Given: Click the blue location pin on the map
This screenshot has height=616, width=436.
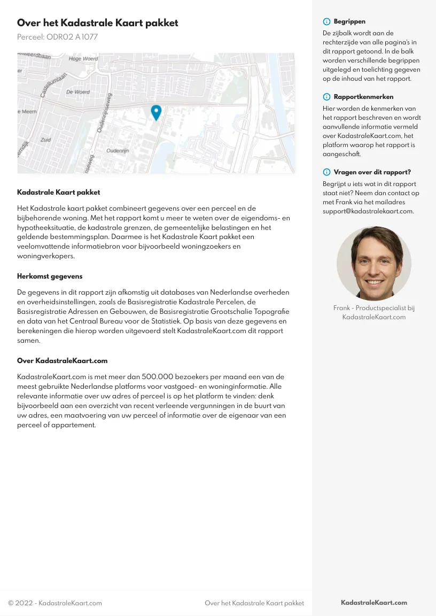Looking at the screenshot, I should click(x=156, y=112).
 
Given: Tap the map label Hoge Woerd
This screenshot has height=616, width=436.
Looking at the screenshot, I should click(x=83, y=58).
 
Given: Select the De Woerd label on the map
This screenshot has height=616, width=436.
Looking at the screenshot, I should click(x=78, y=92).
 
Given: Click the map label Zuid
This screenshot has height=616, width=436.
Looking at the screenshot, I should click(x=45, y=140).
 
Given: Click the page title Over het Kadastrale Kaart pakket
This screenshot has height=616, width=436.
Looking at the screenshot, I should click(x=98, y=23).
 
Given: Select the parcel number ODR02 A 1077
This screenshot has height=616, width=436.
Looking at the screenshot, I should click(x=57, y=37).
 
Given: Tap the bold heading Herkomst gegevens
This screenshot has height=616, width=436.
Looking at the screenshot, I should click(x=50, y=276).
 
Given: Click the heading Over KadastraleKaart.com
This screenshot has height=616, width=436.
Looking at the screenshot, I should click(x=62, y=361).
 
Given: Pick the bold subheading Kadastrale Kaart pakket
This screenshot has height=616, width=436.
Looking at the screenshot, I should click(x=58, y=192).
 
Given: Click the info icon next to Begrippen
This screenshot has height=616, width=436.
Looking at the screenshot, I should click(x=326, y=22).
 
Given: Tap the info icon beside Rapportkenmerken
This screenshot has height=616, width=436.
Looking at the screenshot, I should click(x=326, y=97).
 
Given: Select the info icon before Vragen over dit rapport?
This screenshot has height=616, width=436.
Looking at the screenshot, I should click(x=326, y=172).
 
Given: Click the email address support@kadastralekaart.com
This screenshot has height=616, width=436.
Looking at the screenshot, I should click(x=368, y=211).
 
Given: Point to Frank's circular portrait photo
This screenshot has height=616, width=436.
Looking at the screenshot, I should click(x=374, y=263).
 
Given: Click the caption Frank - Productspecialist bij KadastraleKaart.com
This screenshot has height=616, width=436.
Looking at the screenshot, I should click(x=374, y=312).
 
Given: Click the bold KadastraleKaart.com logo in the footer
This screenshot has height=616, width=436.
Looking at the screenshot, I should click(x=374, y=603).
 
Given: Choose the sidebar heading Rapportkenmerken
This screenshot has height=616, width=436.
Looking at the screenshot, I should click(x=363, y=97).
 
